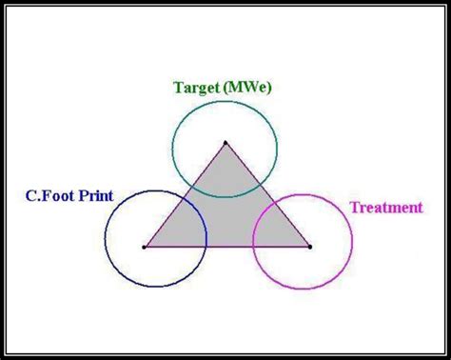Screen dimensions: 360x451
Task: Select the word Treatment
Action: tap(385, 208)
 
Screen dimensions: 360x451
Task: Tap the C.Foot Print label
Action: tap(69, 197)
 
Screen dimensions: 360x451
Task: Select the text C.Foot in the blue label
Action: tap(49, 197)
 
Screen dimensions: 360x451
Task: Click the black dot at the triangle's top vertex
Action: tap(225, 143)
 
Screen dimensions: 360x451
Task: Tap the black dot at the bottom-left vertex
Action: tap(144, 247)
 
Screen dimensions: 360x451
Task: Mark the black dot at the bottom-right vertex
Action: tap(309, 247)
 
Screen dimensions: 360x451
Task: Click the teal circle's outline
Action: tap(173, 148)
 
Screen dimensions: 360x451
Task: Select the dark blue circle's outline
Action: tap(105, 238)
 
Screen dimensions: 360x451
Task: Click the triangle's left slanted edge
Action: tap(185, 194)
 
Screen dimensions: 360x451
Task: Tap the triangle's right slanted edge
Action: tap(267, 194)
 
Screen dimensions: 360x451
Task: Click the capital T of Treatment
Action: tap(355, 208)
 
